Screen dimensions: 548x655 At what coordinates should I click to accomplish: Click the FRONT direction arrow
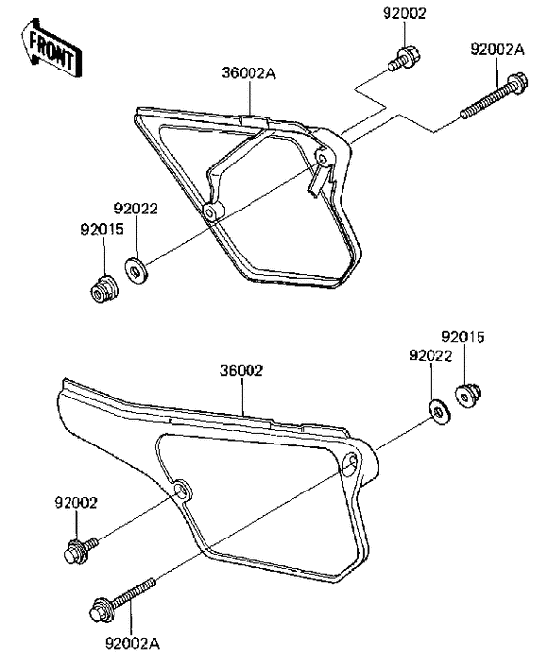click(51, 48)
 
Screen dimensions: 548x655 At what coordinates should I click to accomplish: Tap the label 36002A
click(249, 73)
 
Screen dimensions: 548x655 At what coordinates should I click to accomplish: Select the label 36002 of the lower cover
click(242, 370)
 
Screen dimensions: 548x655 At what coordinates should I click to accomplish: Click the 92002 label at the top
click(404, 14)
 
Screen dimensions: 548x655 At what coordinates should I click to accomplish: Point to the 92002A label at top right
click(497, 49)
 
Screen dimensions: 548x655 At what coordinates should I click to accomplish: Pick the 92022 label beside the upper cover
click(136, 209)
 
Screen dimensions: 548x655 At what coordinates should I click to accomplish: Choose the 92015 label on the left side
click(102, 229)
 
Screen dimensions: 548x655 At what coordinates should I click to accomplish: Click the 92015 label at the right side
click(463, 336)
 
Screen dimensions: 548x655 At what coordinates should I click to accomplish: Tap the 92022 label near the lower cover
click(431, 356)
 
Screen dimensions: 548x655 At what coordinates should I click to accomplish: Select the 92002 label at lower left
click(75, 503)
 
